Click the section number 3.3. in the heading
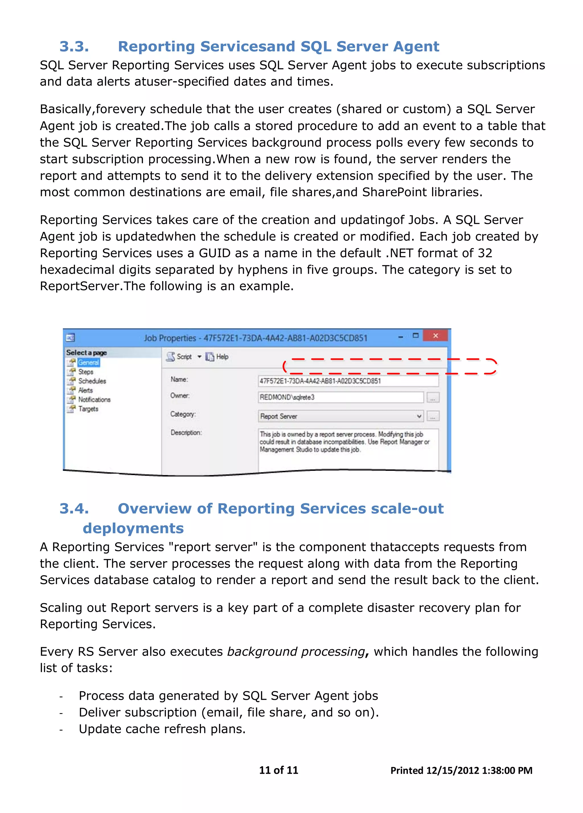74,47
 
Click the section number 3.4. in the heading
74,508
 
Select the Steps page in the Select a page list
86,372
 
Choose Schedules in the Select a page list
92,381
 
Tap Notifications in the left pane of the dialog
94,400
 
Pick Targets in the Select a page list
88,409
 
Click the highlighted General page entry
88,362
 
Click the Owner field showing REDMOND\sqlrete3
340,397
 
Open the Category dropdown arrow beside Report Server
419,416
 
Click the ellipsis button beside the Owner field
433,397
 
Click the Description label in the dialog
186,433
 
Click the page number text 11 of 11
278,770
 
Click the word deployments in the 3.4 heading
133,528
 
